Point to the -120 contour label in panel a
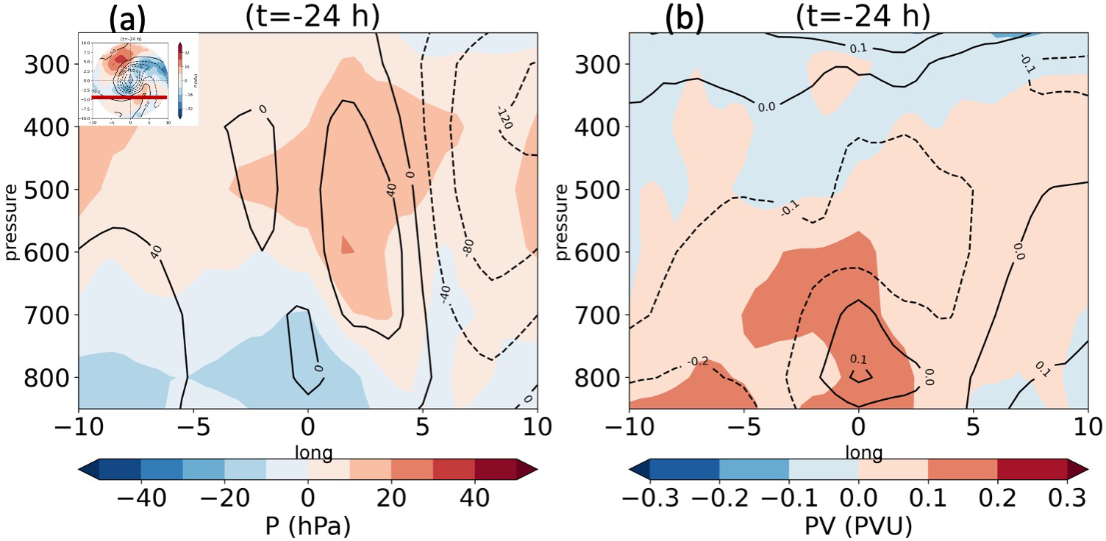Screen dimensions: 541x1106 [503, 117]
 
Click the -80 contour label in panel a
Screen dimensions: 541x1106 [468, 247]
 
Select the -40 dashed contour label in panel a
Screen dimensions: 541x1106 [444, 293]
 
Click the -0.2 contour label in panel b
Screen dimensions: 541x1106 [698, 362]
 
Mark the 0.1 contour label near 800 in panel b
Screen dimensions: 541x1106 [858, 359]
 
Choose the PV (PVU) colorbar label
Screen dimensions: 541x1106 [858, 527]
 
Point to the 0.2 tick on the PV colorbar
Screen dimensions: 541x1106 [996, 499]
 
